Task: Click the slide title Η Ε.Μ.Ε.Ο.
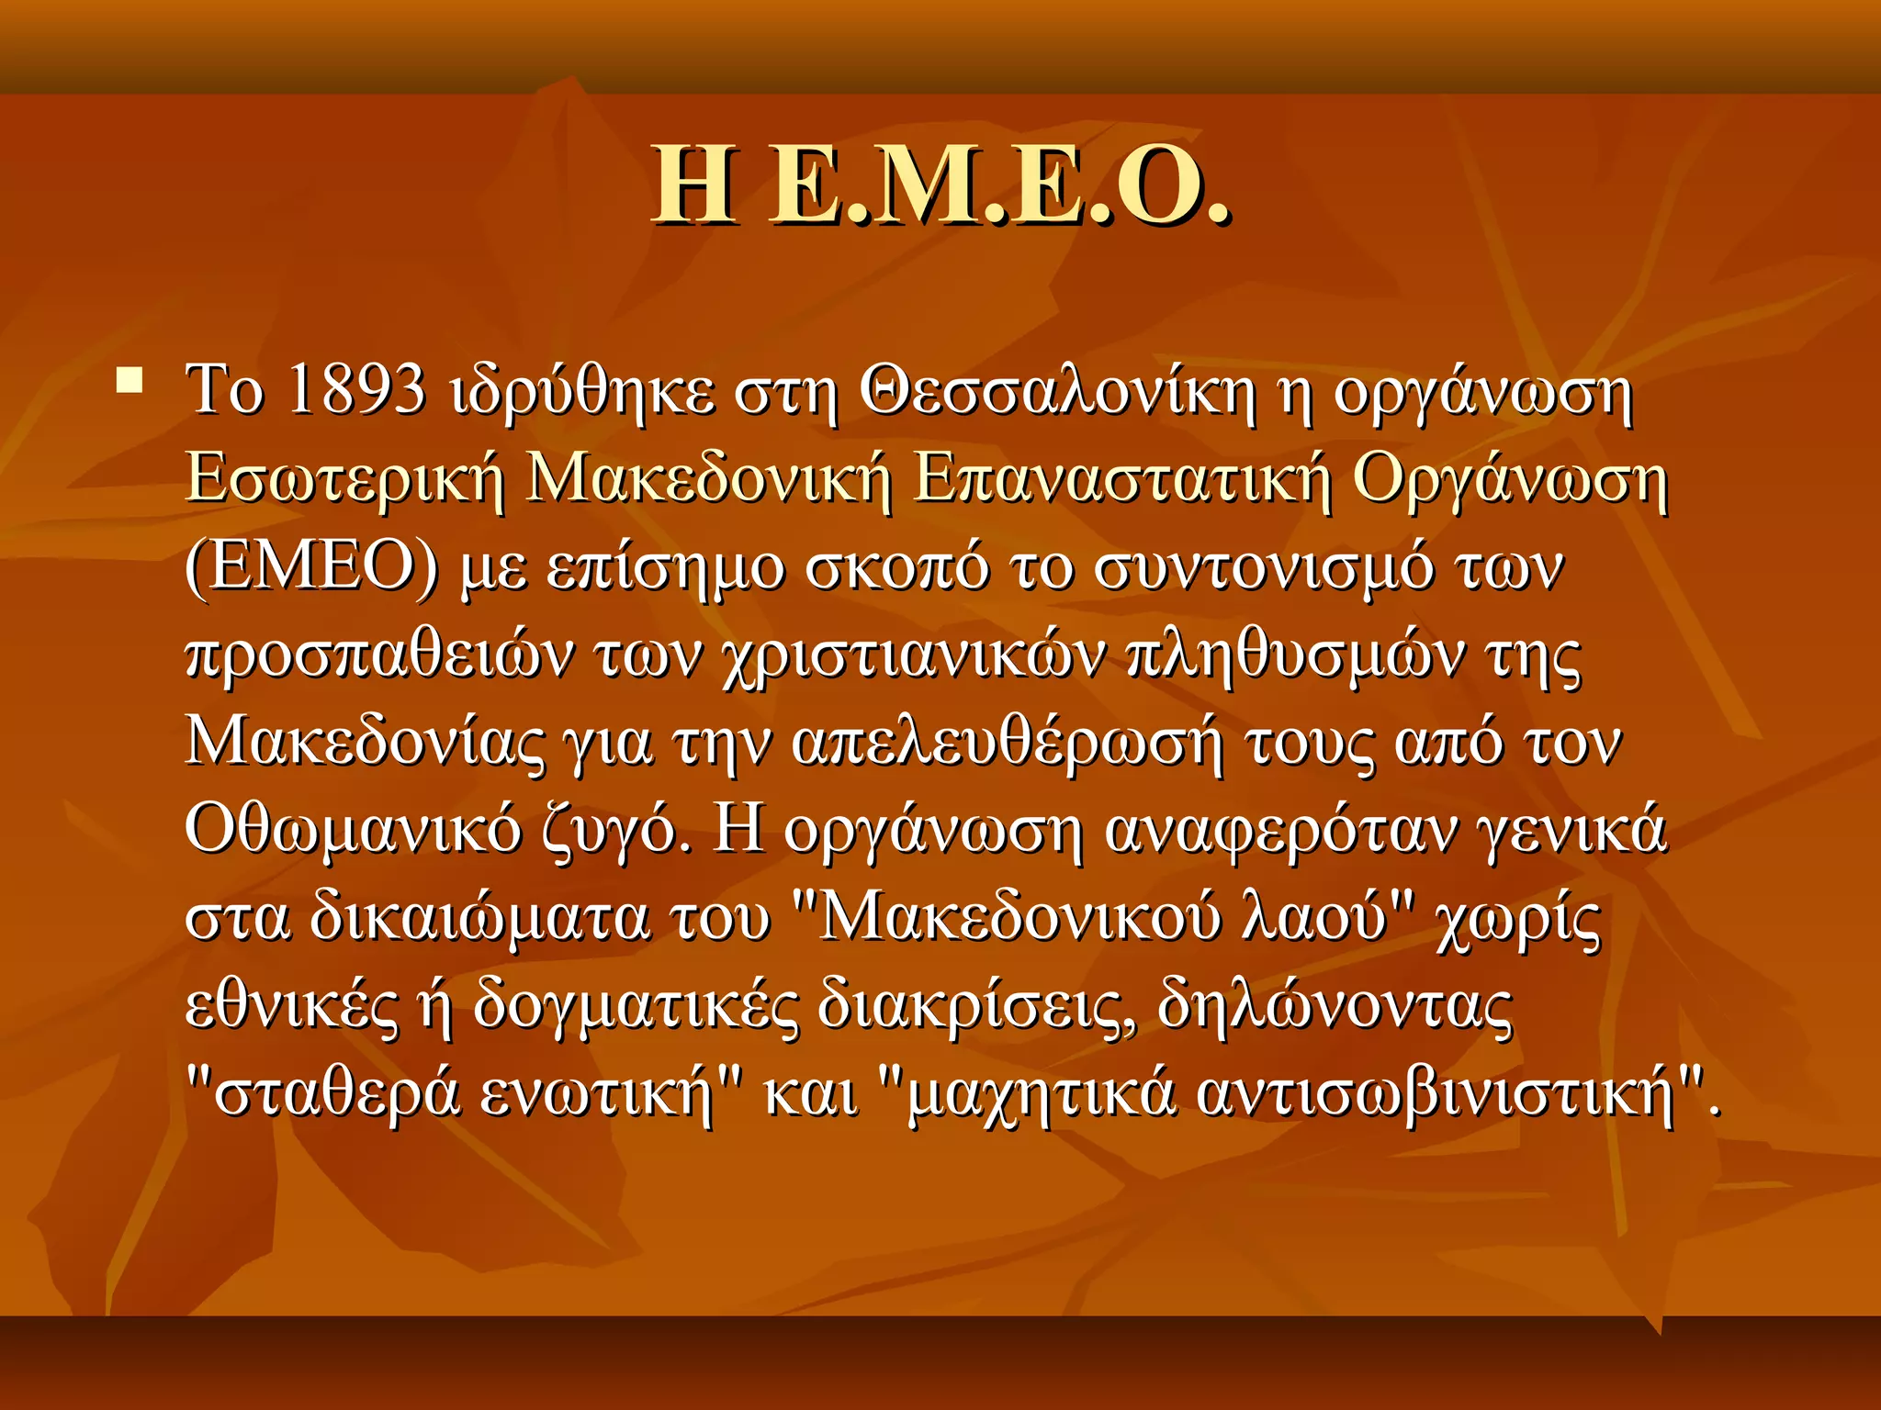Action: coord(940,186)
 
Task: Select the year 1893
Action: coord(356,390)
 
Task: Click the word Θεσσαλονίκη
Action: coord(1056,392)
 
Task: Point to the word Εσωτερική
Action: coord(344,480)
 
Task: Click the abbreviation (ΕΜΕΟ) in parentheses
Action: coord(312,568)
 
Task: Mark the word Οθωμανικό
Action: coord(353,831)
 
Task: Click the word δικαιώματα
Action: coord(478,919)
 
